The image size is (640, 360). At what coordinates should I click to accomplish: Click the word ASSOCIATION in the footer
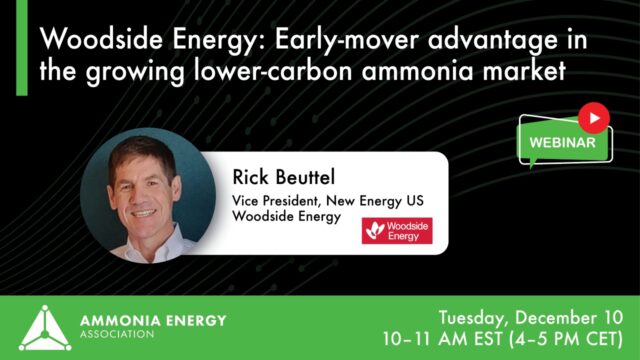tap(116, 334)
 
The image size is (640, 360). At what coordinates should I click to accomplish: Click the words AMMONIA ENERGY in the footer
tap(151, 319)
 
